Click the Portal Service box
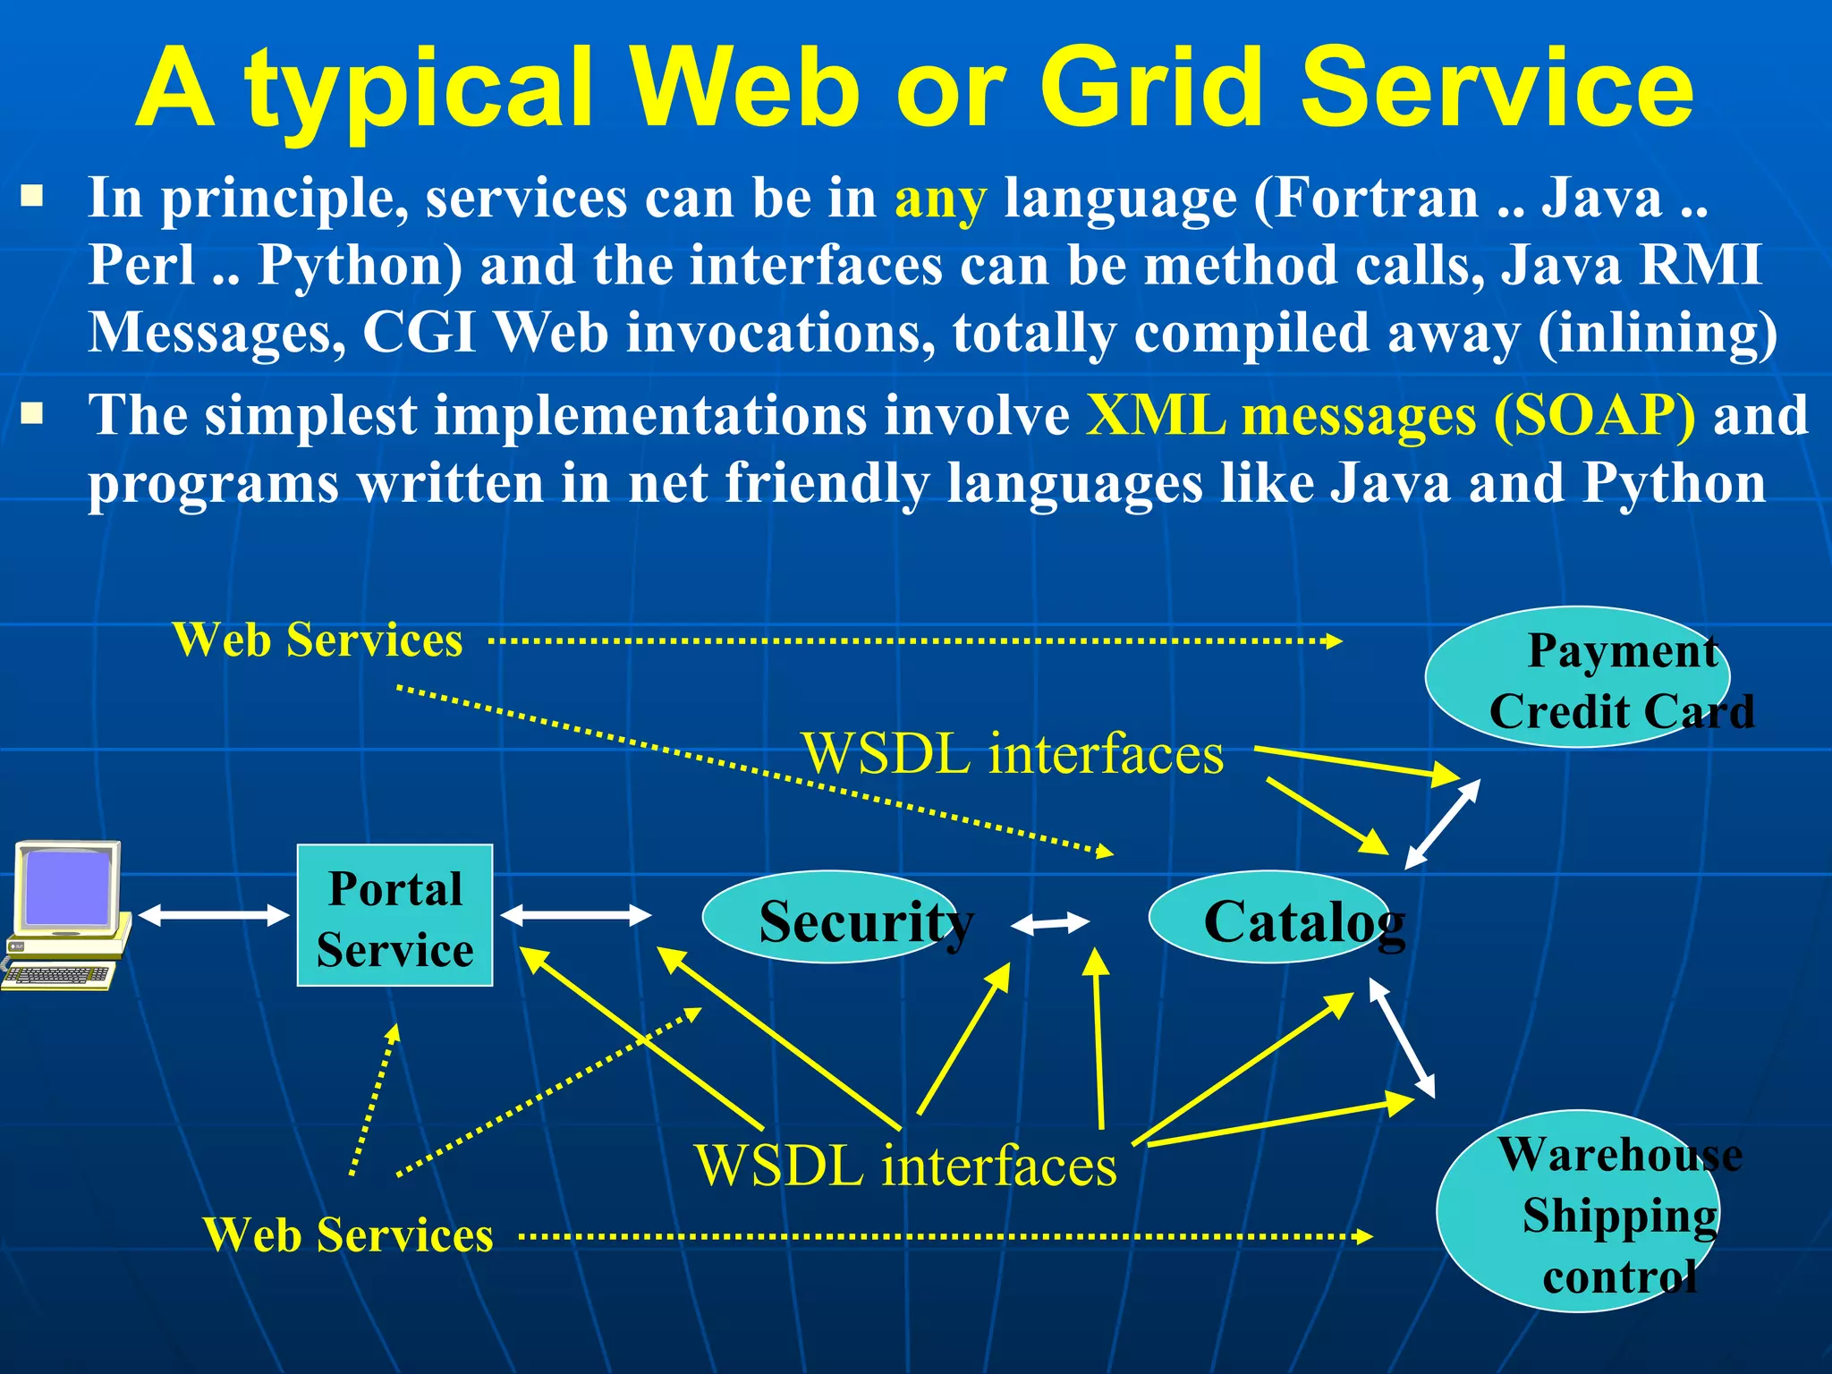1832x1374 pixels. tap(394, 915)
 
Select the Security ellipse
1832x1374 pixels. tap(830, 917)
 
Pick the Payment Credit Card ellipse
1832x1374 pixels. tap(1576, 677)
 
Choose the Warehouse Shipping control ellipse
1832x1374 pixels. tap(1578, 1211)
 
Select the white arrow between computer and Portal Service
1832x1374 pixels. tap(214, 914)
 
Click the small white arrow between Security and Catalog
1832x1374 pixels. tap(1050, 923)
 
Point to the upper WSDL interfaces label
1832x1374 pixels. tap(1013, 753)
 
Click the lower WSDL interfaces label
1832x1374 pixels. tap(905, 1166)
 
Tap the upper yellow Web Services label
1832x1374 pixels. tap(318, 640)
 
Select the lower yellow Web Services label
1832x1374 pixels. tap(348, 1235)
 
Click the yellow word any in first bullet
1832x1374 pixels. tap(940, 198)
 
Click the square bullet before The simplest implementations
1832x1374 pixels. tap(32, 413)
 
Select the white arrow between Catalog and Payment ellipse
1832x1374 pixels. tap(1442, 824)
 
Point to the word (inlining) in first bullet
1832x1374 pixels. tap(1658, 333)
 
